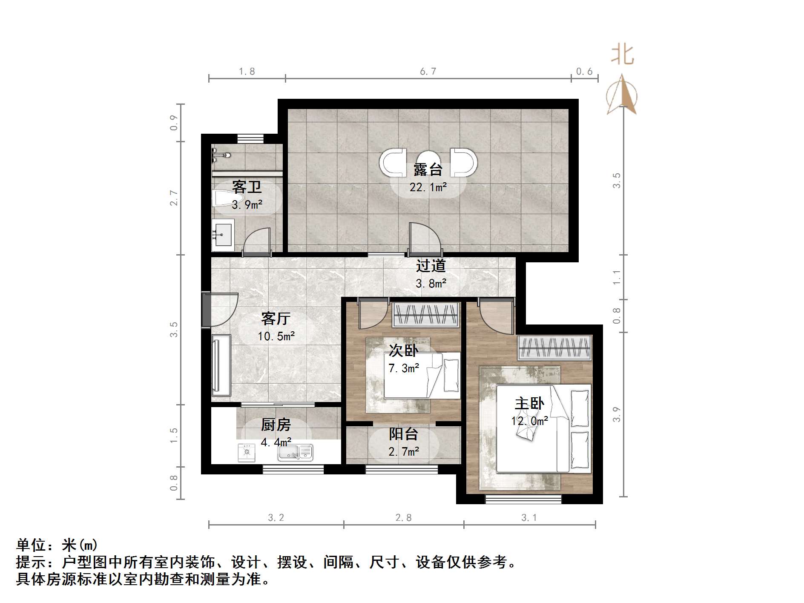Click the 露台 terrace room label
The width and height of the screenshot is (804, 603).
click(x=428, y=169)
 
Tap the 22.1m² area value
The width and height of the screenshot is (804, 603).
click(x=428, y=187)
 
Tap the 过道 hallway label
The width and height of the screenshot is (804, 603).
click(x=431, y=266)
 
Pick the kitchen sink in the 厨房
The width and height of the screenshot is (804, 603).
click(x=295, y=452)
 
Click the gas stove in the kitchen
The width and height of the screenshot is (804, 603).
click(x=246, y=453)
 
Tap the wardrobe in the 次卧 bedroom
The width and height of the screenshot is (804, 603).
click(x=425, y=315)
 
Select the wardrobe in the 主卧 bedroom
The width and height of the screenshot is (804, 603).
click(x=554, y=347)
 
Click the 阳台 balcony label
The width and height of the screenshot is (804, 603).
click(x=403, y=434)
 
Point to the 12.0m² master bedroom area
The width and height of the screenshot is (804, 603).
click(x=529, y=421)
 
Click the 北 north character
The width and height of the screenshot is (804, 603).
click(x=622, y=55)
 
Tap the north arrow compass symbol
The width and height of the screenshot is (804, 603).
click(x=622, y=96)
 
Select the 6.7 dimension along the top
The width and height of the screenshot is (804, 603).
click(x=428, y=72)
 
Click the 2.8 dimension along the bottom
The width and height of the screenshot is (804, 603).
click(x=403, y=517)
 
